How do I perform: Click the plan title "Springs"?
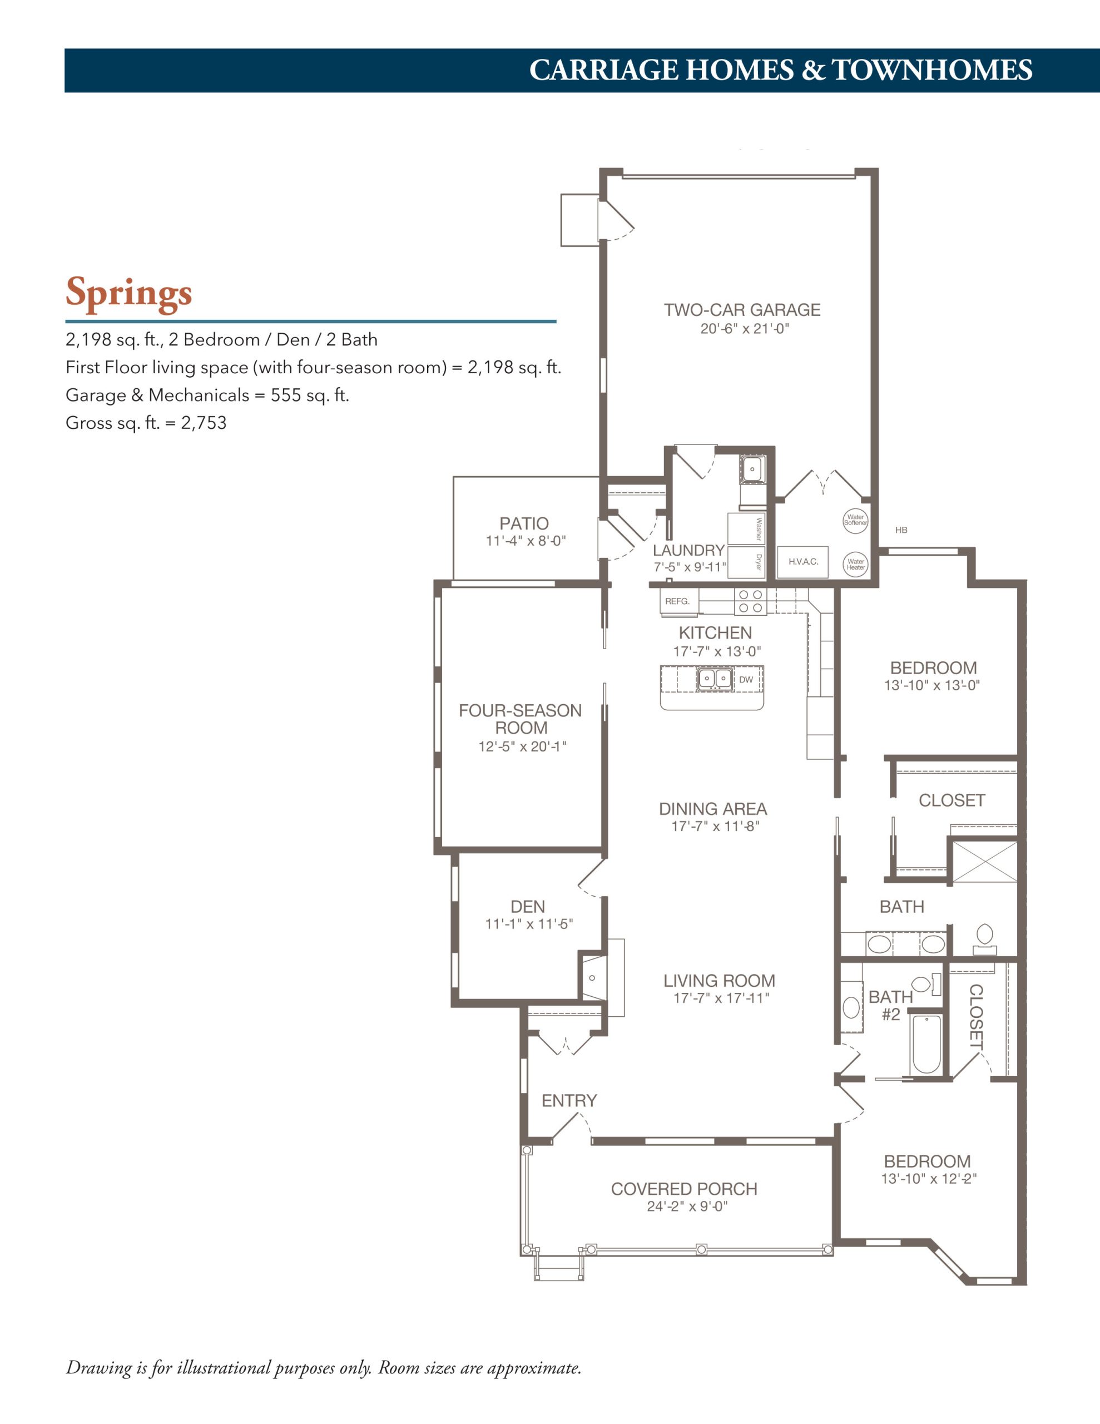point(128,293)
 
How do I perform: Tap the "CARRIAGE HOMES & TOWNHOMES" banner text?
point(780,70)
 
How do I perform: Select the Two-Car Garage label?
point(742,310)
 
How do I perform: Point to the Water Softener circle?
point(855,520)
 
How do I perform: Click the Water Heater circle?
point(855,564)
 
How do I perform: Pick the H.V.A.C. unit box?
point(802,561)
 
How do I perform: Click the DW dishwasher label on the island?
point(745,679)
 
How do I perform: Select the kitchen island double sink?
point(715,679)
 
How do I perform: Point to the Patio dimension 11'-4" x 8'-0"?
point(526,541)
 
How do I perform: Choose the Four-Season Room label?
point(521,719)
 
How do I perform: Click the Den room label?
point(528,906)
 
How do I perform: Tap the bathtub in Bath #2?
point(926,1044)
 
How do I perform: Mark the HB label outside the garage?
point(901,530)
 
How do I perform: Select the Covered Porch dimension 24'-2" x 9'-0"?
point(687,1206)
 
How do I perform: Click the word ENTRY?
point(569,1101)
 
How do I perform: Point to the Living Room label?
point(719,981)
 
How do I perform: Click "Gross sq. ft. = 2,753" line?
point(146,423)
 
